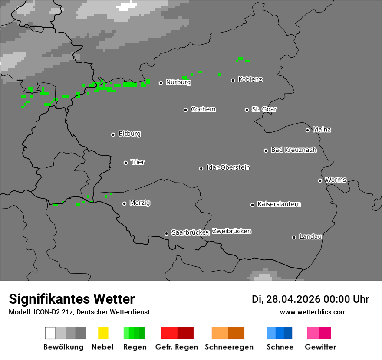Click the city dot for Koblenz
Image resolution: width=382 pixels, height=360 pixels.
tap(233, 80)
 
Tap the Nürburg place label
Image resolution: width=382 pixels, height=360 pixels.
tap(178, 82)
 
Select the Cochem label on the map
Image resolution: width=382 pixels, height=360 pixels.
tap(203, 109)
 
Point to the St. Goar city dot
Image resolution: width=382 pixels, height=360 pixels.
tap(247, 110)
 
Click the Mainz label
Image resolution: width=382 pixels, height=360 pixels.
tap(322, 130)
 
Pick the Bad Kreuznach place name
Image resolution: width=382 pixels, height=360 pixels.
tap(294, 150)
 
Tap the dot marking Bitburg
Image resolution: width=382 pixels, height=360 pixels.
tap(113, 134)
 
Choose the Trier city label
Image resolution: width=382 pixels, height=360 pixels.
tap(138, 162)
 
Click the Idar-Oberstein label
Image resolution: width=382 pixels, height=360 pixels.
tap(228, 168)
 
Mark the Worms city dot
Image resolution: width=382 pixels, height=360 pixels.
tap(320, 180)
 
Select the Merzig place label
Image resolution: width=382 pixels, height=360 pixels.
tap(140, 203)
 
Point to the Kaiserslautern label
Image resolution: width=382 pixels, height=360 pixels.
tap(279, 204)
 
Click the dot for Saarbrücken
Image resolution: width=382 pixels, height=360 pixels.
tap(166, 233)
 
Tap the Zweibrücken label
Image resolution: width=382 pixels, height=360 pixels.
tap(232, 231)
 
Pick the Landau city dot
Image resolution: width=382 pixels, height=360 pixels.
tap(294, 237)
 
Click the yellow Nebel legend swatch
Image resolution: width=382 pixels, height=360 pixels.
tap(103, 333)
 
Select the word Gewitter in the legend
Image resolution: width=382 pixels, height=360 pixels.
tap(320, 347)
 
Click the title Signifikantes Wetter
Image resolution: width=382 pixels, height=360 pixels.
tap(72, 299)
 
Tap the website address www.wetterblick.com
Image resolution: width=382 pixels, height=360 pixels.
tap(313, 312)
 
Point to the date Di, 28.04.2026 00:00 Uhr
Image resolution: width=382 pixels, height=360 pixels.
tap(310, 299)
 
